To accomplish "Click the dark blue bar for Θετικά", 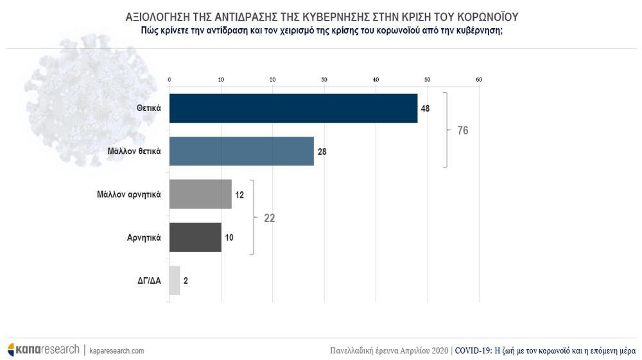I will coord(293,108).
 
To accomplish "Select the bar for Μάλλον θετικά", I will coord(241,151).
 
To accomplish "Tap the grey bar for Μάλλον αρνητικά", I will coord(200,194).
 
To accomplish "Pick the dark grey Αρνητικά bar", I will coord(195,237).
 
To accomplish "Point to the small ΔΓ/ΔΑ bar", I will coord(175,280).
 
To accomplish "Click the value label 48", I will coord(425,108).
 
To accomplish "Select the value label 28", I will coord(322,152).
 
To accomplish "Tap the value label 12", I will coord(239,194).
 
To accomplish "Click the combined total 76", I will coord(462,130).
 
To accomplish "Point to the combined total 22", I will coord(269,218).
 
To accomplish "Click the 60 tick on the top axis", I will coord(478,80).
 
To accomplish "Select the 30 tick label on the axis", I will coord(324,80).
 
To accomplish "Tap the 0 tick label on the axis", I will coord(169,80).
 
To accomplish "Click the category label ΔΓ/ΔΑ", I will coord(148,280).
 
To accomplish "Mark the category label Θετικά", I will coord(148,109).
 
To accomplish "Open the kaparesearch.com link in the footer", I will coord(116,350).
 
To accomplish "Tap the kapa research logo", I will coord(43,350).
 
